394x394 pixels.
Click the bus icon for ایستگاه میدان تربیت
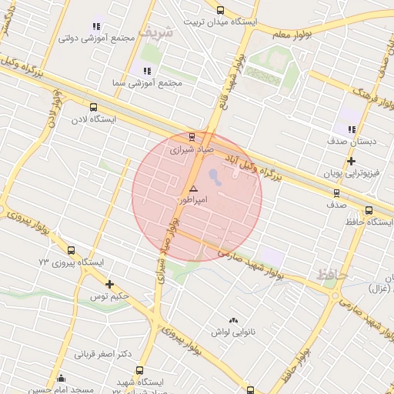click(221, 10)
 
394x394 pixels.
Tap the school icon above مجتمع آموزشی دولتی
click(97, 26)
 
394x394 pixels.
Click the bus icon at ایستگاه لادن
click(94, 108)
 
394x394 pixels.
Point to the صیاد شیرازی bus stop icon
click(192, 136)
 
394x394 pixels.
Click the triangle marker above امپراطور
click(193, 189)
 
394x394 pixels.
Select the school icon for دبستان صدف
click(352, 130)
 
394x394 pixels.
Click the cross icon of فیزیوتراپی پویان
click(351, 161)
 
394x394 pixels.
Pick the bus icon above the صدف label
click(336, 193)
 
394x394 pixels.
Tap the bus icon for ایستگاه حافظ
click(369, 210)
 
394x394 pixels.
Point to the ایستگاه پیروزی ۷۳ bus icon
click(72, 250)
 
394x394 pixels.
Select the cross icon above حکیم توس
click(110, 284)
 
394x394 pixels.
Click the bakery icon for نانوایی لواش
click(233, 319)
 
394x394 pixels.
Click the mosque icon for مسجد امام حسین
click(62, 378)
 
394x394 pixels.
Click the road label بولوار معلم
click(289, 34)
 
